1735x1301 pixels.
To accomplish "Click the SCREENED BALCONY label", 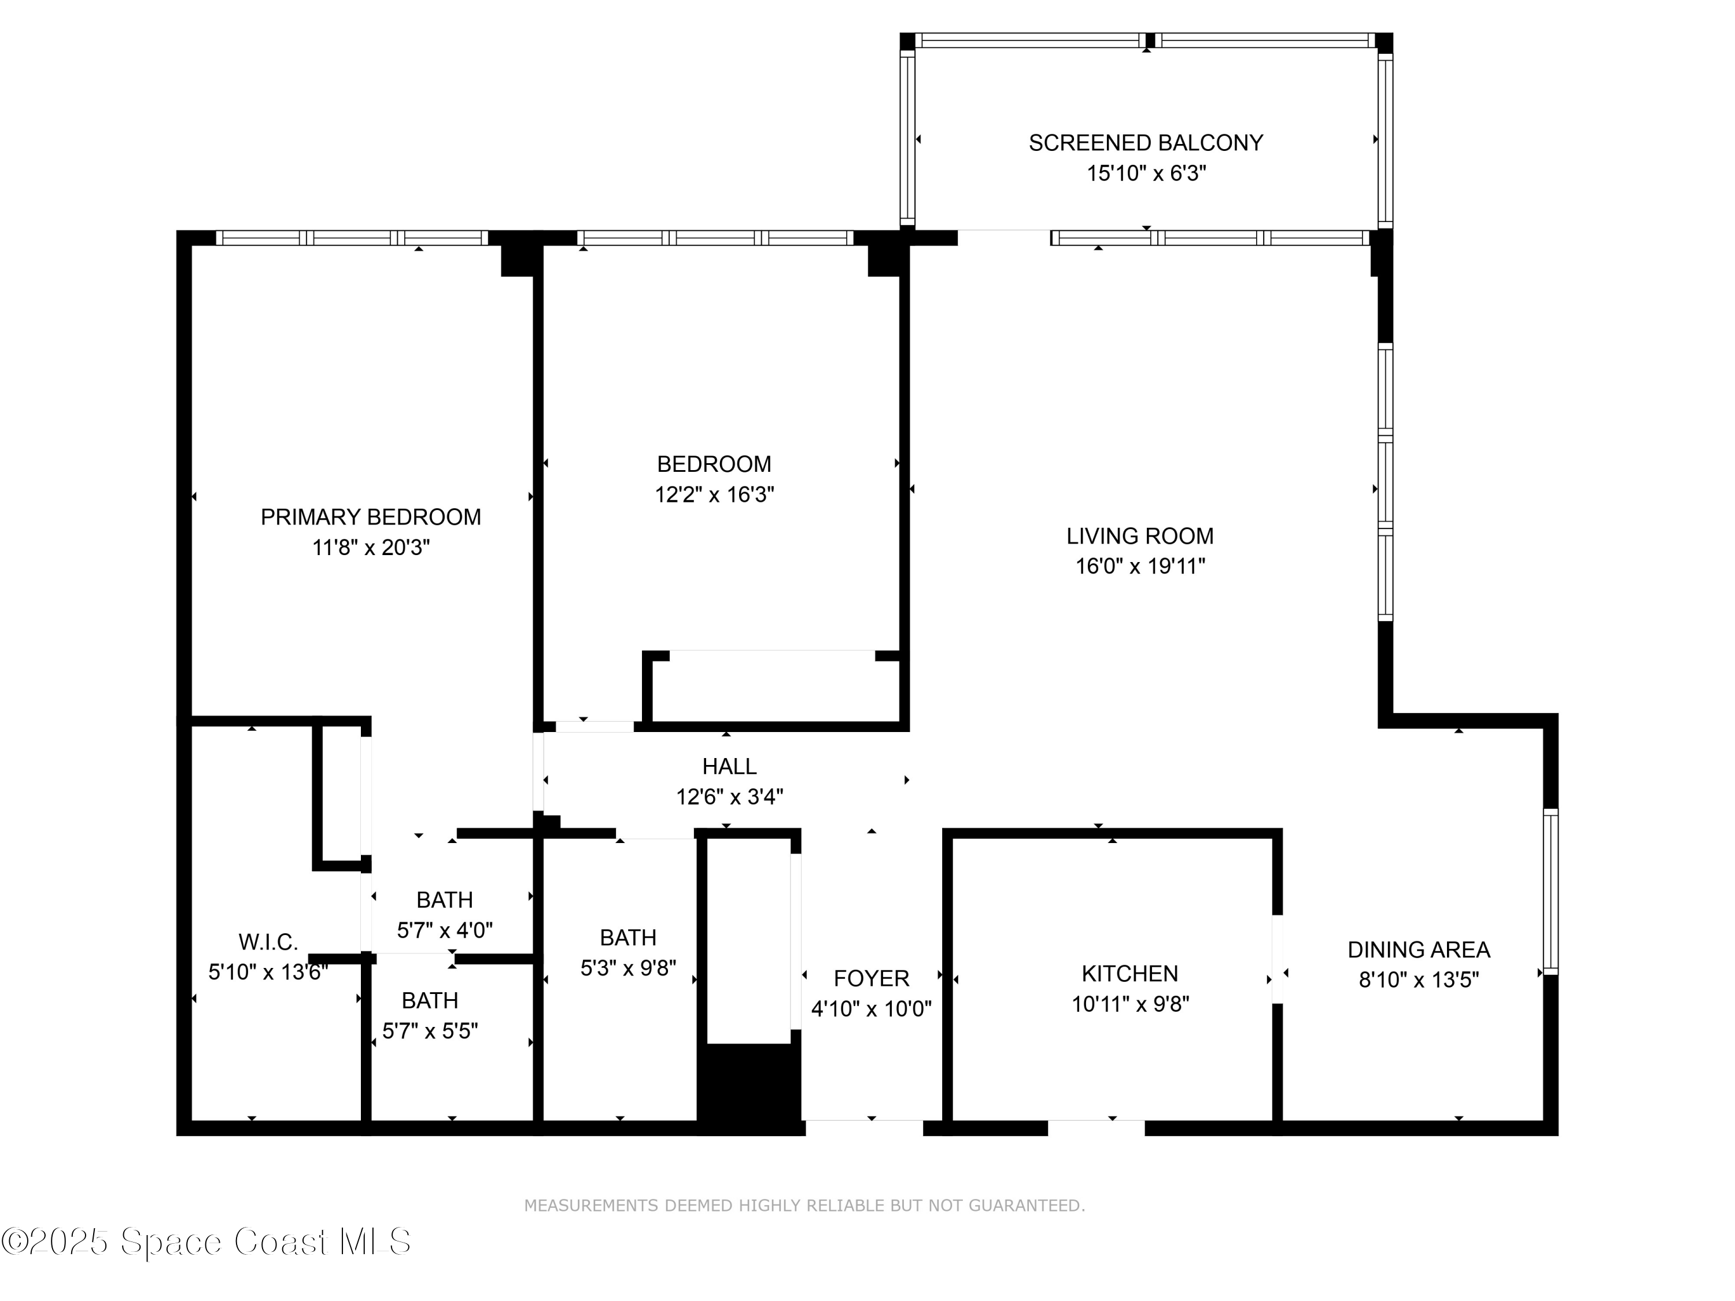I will (x=1145, y=143).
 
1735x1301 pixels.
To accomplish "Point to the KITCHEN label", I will (x=1129, y=973).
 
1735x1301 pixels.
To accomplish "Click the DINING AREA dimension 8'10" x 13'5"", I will (x=1418, y=980).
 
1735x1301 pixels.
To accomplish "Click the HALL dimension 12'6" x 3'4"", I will (x=729, y=797).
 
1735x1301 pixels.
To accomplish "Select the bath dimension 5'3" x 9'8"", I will (x=627, y=969).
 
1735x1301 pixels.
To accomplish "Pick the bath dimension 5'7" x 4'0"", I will (x=444, y=930).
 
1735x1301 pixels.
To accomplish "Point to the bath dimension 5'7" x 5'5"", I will (x=430, y=1030).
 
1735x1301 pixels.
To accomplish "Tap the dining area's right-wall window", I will (x=1550, y=892).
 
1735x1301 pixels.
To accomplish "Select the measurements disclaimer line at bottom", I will (x=804, y=1206).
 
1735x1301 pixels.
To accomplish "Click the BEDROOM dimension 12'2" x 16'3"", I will (x=714, y=495).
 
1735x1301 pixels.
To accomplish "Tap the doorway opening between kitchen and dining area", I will (x=1277, y=958).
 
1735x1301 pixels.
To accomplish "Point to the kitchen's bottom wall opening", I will (x=1096, y=1128).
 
